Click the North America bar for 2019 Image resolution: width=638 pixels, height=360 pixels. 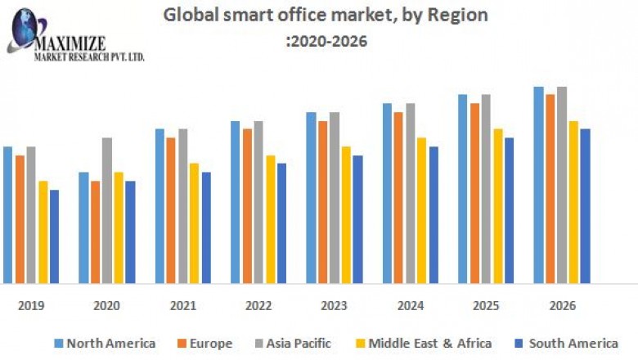pyautogui.click(x=7, y=214)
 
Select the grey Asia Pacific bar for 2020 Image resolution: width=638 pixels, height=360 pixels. pyautogui.click(x=106, y=210)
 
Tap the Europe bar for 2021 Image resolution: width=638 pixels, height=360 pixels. pyautogui.click(x=171, y=210)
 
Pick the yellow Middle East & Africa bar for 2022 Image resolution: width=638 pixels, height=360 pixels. pyautogui.click(x=270, y=219)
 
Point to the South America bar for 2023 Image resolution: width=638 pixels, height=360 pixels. pyautogui.click(x=357, y=219)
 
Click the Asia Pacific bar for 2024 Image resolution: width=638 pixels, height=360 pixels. pyautogui.click(x=411, y=193)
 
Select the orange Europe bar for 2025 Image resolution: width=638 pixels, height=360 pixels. pyautogui.click(x=474, y=193)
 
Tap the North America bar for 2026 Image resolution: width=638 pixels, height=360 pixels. pyautogui.click(x=538, y=185)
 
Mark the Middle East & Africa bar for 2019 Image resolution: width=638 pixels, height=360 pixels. pyautogui.click(x=43, y=232)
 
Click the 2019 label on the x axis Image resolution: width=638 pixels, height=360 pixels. pyautogui.click(x=31, y=305)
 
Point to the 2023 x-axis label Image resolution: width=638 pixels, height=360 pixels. pyautogui.click(x=335, y=305)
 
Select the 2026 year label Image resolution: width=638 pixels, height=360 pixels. pyautogui.click(x=562, y=305)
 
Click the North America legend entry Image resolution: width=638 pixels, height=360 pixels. pyautogui.click(x=105, y=344)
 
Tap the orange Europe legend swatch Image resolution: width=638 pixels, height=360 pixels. pyautogui.click(x=182, y=344)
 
